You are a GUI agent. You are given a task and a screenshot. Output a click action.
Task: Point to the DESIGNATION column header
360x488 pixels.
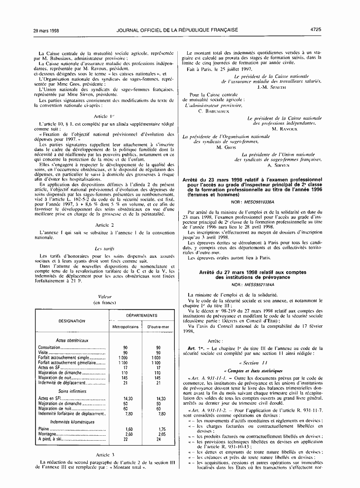(72, 320)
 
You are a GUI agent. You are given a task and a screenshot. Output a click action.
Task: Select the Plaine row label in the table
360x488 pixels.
(44, 429)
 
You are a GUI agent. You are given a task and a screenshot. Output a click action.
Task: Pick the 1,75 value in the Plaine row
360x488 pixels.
(158, 429)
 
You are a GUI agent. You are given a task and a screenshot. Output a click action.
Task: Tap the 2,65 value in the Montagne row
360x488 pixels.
(158, 434)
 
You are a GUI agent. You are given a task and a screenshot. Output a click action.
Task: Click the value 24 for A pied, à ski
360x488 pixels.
(158, 439)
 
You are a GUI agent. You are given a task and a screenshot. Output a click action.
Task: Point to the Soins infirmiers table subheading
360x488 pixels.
(72, 391)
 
